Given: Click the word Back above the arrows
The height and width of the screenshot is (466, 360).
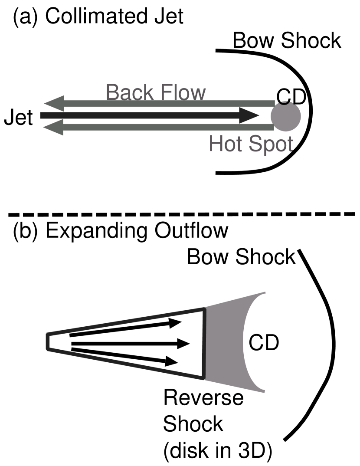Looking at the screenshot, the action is coord(131,92).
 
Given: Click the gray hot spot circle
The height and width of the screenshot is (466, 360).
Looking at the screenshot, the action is coord(286,117).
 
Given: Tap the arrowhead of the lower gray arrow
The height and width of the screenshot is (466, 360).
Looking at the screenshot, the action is coord(53,128).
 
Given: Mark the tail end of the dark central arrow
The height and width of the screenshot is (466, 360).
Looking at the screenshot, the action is coord(43,115).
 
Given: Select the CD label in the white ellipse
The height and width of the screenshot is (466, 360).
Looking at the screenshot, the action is coord(264,343).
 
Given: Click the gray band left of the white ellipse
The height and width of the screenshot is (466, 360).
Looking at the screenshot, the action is coord(223,343).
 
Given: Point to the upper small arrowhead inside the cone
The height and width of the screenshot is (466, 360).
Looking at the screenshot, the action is coord(175,323).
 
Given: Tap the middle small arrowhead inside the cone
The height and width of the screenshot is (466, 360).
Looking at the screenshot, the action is coord(183,344).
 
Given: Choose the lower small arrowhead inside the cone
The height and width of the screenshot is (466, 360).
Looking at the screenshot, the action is coord(171,361).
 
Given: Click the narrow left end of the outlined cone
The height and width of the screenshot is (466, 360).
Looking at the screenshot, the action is coord(48,341).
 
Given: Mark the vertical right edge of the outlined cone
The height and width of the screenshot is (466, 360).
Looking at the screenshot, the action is coord(204,343).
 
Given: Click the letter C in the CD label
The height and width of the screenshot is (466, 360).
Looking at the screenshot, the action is coord(256,343).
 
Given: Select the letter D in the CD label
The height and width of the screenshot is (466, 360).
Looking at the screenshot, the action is coord(272,343).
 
